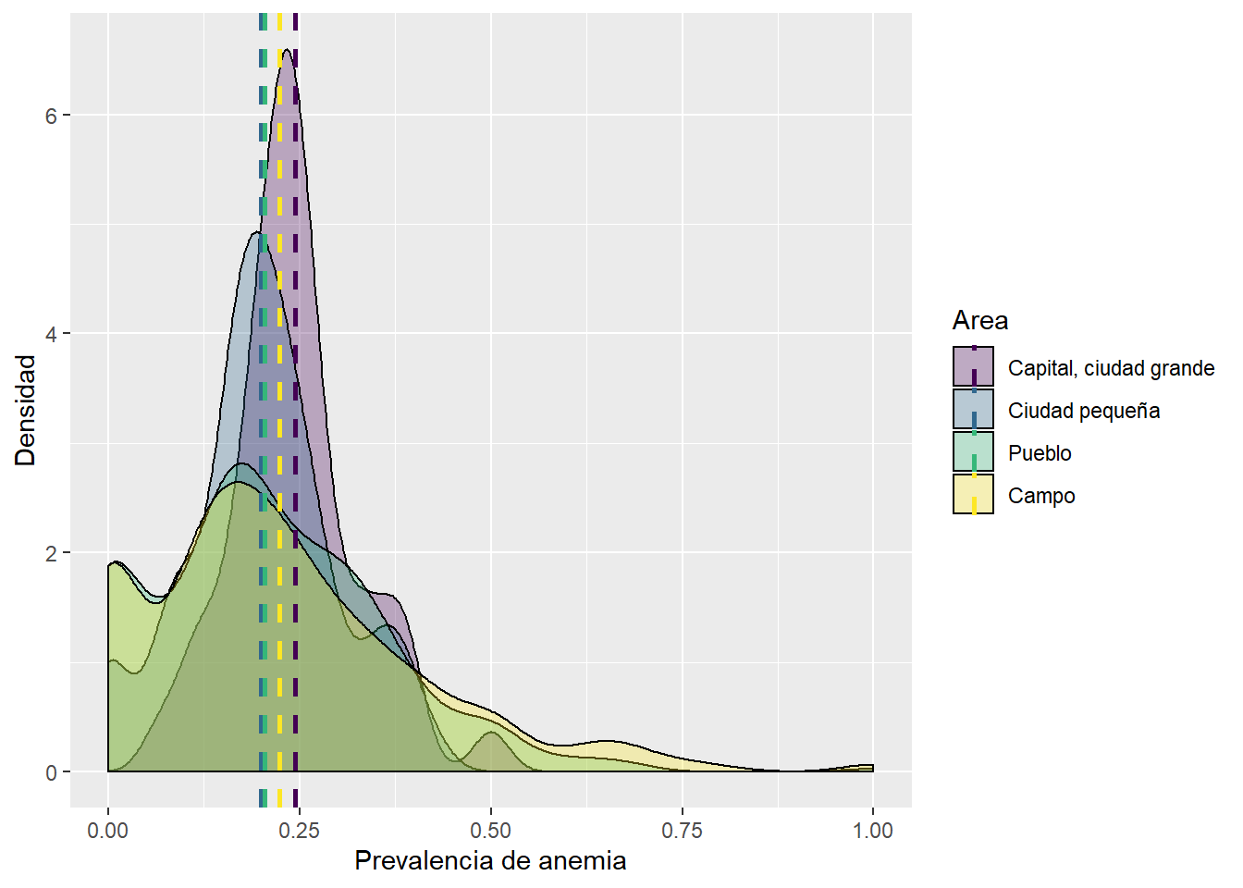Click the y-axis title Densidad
[25, 410]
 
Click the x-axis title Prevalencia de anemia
[490, 861]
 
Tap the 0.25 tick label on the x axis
[300, 831]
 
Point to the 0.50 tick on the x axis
[491, 831]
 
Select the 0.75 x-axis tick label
[683, 831]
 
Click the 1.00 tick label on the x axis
[873, 831]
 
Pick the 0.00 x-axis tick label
[108, 831]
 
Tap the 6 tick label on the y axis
[52, 116]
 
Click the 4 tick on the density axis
[52, 334]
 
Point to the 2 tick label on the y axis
[52, 553]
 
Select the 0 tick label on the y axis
[52, 772]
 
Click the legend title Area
[980, 321]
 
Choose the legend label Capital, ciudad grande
[1111, 368]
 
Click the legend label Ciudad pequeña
[1084, 411]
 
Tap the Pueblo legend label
[1040, 453]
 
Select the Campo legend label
[1041, 496]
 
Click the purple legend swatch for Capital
[973, 366]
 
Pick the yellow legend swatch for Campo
[973, 494]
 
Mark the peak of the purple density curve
[287, 50]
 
